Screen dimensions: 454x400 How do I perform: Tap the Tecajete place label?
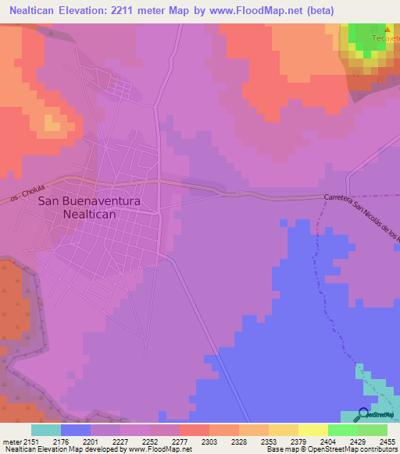pos(386,38)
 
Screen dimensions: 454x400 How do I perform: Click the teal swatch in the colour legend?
pos(46,430)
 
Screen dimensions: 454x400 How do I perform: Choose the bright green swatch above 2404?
pos(343,430)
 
